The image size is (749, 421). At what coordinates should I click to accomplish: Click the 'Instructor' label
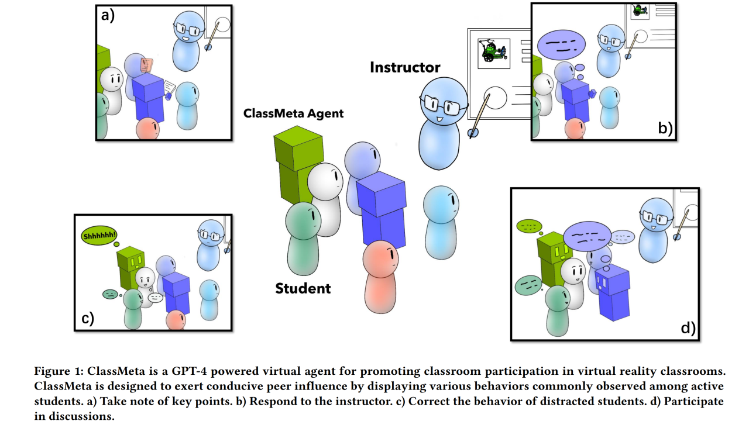[x=405, y=67]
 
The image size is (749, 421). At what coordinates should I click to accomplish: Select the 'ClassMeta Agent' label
[x=293, y=113]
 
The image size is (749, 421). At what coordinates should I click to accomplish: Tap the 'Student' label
[x=303, y=288]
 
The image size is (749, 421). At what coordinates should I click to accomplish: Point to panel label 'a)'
[x=108, y=16]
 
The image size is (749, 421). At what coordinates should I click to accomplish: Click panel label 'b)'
[x=665, y=128]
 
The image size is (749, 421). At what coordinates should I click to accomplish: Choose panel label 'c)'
[x=87, y=319]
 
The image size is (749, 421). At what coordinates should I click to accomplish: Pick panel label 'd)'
[x=688, y=328]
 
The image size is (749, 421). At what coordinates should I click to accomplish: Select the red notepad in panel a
[x=147, y=64]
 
